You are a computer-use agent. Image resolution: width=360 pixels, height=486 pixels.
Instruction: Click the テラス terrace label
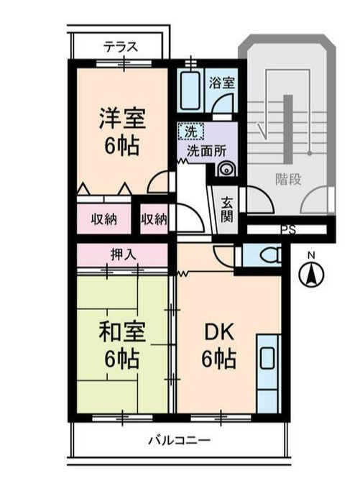(x=120, y=47)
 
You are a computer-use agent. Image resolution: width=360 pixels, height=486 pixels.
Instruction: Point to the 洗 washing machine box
(x=190, y=132)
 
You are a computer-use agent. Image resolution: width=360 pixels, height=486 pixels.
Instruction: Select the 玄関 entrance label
(x=226, y=208)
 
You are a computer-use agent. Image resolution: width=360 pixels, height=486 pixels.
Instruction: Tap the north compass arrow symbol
(x=311, y=275)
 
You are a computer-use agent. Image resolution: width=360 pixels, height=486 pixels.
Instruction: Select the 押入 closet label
(x=122, y=254)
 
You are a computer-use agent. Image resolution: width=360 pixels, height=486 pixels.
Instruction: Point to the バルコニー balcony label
(x=179, y=439)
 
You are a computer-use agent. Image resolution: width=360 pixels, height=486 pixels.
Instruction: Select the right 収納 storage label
(x=154, y=219)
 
